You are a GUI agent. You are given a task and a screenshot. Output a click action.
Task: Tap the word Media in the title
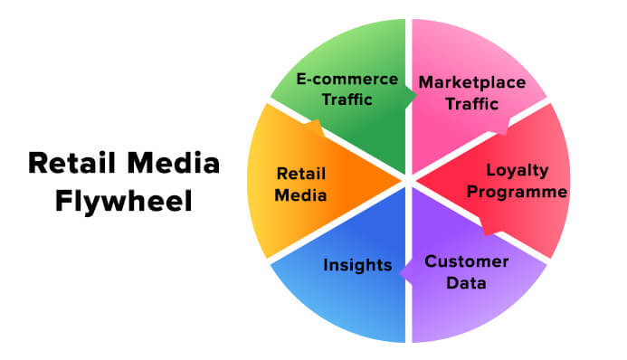173,164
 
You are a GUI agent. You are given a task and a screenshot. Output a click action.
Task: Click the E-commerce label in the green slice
347,79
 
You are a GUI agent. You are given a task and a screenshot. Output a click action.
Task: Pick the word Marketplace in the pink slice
471,83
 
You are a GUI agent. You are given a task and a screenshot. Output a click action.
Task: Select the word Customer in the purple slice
467,261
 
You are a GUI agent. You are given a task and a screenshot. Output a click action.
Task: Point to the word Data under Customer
467,282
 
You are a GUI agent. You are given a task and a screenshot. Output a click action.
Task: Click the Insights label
357,265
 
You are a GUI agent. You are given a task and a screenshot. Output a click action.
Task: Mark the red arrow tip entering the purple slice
490,232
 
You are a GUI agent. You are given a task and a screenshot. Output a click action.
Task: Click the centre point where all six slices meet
408,180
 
